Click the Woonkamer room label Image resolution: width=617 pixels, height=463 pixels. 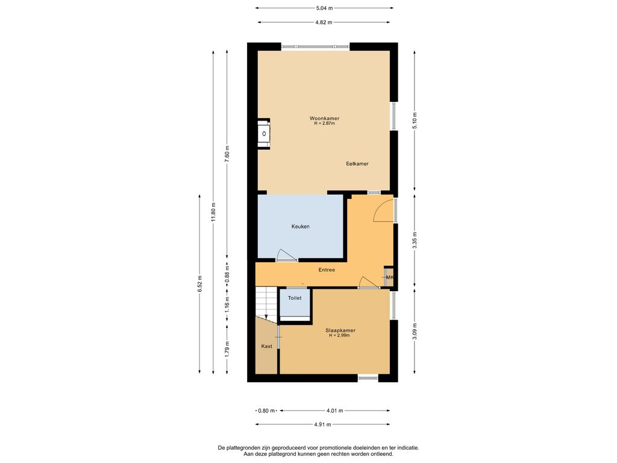click(324, 118)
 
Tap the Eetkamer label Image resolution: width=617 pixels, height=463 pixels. click(357, 164)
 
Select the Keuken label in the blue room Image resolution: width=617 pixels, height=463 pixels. click(300, 227)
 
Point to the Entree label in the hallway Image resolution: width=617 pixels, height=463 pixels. click(327, 269)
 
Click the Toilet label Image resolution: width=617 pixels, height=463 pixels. click(295, 298)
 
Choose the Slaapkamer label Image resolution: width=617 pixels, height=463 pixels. click(340, 331)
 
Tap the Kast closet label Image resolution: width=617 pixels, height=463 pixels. click(266, 347)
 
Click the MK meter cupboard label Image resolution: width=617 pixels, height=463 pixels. click(390, 277)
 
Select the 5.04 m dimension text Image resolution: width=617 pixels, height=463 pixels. click(324, 8)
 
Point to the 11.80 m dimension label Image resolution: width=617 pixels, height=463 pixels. click(213, 213)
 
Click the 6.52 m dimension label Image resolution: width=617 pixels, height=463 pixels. click(200, 283)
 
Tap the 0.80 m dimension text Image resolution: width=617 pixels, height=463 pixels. click(266, 411)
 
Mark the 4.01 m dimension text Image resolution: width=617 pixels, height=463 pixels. click(335, 411)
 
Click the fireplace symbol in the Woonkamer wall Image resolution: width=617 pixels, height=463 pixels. click(264, 134)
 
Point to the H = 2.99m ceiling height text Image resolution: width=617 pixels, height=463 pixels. click(340, 336)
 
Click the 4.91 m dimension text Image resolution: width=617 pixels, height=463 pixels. click(323, 424)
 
